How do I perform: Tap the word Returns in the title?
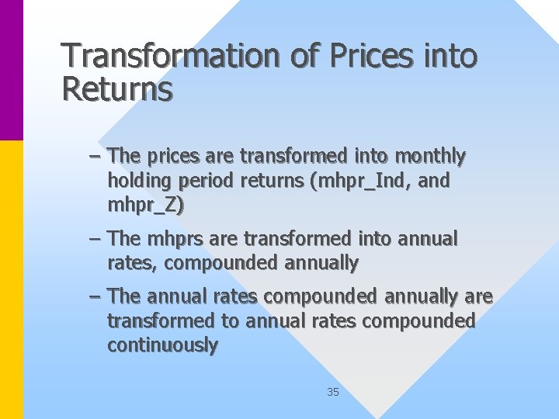(117, 89)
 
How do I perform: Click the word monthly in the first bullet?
(430, 157)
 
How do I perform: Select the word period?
(204, 182)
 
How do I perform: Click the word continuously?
(163, 345)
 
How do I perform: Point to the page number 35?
(333, 392)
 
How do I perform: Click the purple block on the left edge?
(12, 70)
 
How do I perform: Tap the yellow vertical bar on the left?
(12, 279)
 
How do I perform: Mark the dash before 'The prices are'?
(95, 157)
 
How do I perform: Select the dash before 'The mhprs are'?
(95, 239)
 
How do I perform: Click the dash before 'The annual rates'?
(95, 296)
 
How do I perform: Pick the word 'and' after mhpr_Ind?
(435, 182)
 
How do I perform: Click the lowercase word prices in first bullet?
(170, 157)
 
